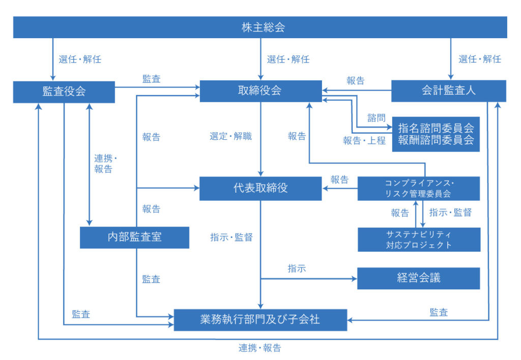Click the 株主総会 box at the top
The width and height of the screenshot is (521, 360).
260,27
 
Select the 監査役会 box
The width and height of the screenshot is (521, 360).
64,92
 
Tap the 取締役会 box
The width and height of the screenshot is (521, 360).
260,91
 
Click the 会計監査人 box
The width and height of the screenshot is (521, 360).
448,91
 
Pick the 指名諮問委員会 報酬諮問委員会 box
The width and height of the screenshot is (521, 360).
436,134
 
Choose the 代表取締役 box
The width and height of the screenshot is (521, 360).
260,188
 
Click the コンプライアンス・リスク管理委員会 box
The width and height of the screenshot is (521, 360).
418,188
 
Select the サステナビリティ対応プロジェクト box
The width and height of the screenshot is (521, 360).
418,239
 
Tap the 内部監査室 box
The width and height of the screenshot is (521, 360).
134,236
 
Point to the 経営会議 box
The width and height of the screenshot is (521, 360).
418,278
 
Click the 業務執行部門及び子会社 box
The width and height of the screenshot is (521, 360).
260,319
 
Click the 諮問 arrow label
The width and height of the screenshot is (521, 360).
377,118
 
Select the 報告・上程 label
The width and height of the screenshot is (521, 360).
364,141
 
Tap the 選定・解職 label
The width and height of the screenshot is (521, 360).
230,137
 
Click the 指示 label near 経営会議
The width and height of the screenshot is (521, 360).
297,269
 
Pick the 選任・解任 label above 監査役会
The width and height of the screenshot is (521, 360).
80,59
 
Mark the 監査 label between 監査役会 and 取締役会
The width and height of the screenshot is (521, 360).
152,79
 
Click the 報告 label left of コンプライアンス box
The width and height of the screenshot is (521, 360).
339,179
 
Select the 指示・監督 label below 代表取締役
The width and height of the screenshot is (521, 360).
231,237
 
